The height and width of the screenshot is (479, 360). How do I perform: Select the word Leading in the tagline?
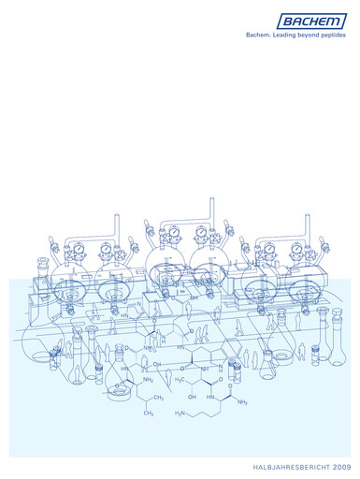click(288, 34)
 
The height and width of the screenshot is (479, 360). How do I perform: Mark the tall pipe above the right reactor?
click(306, 227)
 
